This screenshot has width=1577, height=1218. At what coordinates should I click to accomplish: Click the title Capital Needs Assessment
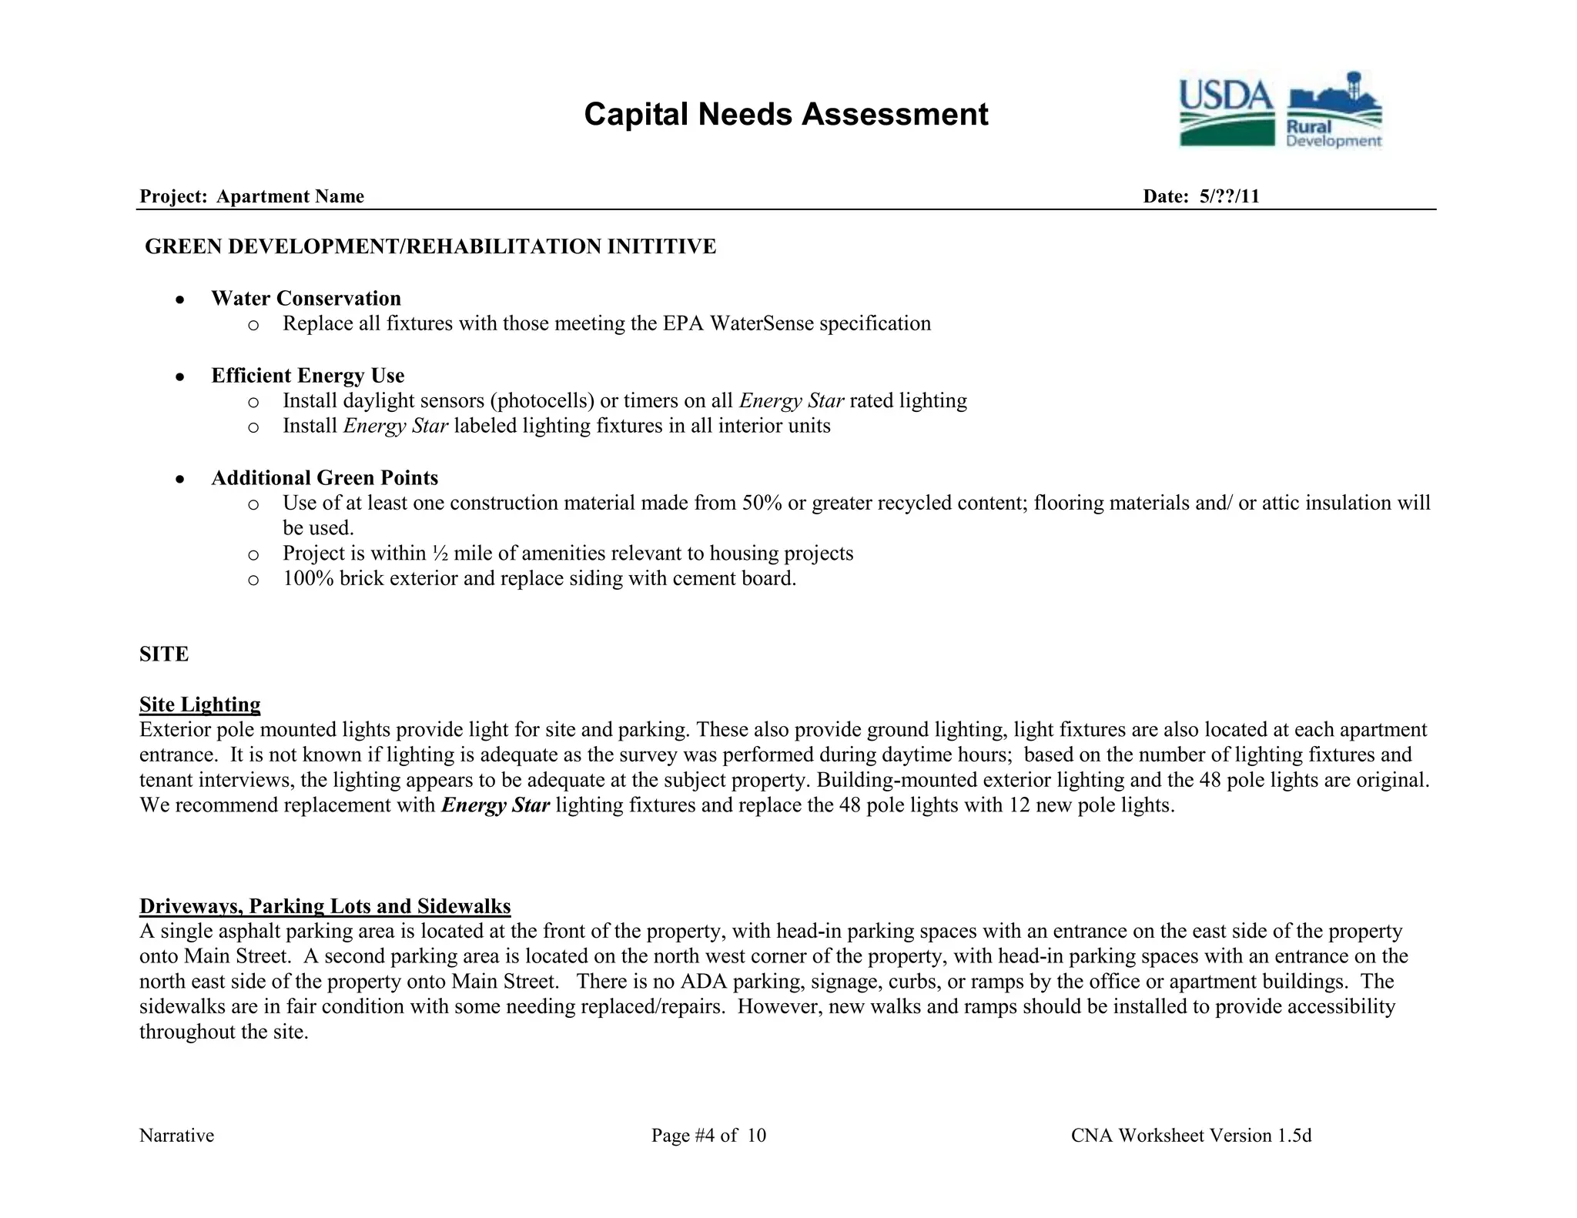click(x=785, y=115)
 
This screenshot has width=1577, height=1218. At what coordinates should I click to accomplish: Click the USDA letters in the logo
click(x=1226, y=95)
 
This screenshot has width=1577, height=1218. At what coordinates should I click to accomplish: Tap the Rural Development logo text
click(x=1333, y=134)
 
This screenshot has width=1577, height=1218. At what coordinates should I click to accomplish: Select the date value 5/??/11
click(x=1229, y=196)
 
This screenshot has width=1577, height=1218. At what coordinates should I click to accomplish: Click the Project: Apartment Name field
click(x=252, y=196)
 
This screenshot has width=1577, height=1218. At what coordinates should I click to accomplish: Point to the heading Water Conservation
click(x=306, y=298)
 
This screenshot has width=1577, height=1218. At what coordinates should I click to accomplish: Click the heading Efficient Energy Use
click(x=307, y=375)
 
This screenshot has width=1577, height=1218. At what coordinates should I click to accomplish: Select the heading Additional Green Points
click(x=324, y=477)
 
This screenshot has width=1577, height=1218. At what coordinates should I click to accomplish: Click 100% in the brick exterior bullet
click(x=308, y=578)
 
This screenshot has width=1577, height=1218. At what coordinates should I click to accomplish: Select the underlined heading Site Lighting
click(x=199, y=704)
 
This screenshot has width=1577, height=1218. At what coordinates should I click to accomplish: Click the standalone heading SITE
click(x=164, y=654)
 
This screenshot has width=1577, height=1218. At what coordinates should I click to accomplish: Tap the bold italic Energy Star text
click(x=495, y=805)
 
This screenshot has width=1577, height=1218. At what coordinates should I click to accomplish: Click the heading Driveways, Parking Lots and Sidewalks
click(x=325, y=906)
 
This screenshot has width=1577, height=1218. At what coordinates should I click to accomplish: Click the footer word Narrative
click(x=176, y=1136)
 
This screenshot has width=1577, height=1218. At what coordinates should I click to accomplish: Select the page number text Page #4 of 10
click(x=708, y=1136)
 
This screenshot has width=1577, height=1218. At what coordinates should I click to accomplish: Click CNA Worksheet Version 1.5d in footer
click(x=1190, y=1136)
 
